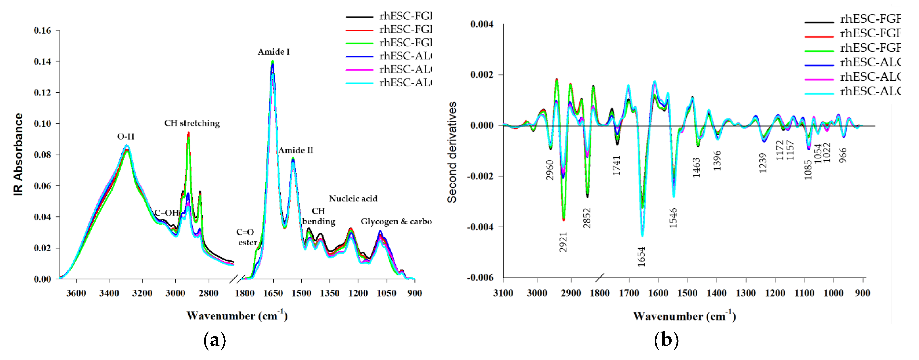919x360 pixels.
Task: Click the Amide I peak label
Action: coord(274,52)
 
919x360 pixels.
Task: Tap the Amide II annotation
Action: coord(295,151)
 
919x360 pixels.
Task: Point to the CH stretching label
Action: coord(192,123)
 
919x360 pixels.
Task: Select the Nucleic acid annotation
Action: coord(353,199)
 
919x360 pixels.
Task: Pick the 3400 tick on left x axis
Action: coord(109,293)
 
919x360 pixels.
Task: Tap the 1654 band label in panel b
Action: coord(641,257)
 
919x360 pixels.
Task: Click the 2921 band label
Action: coord(563,242)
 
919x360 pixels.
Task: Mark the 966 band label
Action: coord(843,155)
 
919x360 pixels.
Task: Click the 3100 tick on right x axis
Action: coord(503,293)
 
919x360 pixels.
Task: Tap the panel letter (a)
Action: coord(214,340)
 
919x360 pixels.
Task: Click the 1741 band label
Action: coord(616,165)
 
